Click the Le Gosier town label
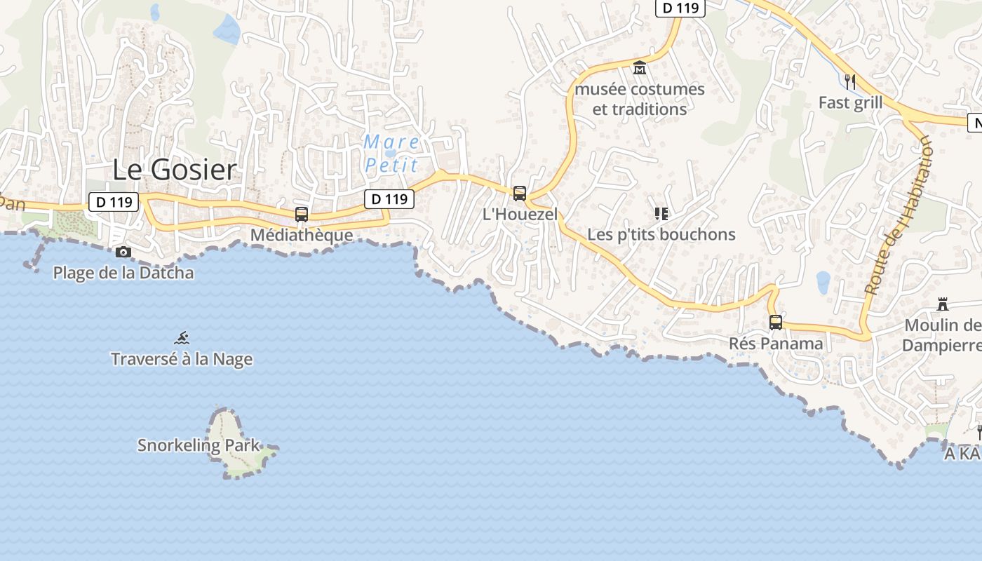[175, 170]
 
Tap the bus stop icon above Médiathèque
[302, 215]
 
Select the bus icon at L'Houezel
[520, 194]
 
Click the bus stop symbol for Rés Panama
[776, 323]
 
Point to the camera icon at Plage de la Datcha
[123, 252]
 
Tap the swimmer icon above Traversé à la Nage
[182, 338]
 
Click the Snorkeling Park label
[199, 445]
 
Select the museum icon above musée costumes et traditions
[640, 69]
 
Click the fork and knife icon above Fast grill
[850, 82]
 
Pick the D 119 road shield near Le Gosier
[114, 202]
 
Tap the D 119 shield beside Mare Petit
[389, 199]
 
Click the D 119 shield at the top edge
[680, 8]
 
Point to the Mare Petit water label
[391, 154]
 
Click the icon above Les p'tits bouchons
[661, 213]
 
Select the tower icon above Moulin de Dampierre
[943, 304]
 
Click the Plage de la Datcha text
[123, 273]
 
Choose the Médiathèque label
[302, 235]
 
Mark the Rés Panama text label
[776, 344]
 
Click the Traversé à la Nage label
[182, 360]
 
